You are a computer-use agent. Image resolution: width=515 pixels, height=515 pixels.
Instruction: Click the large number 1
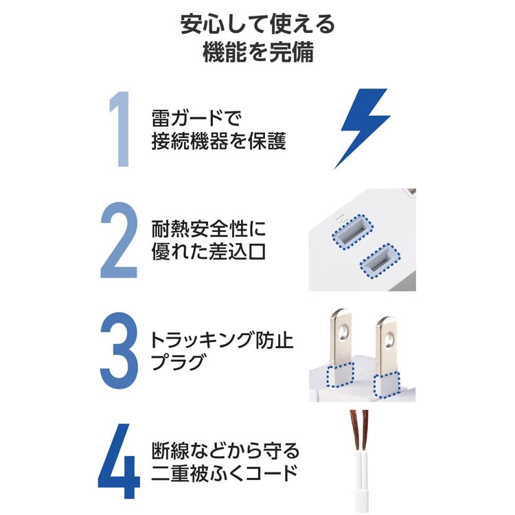click(121, 129)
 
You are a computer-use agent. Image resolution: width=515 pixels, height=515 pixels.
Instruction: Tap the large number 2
click(119, 240)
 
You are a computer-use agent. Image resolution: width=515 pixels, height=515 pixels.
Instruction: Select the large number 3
click(119, 351)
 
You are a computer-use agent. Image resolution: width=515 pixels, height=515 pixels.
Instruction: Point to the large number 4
click(119, 461)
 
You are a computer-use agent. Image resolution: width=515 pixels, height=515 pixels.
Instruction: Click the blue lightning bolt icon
click(363, 128)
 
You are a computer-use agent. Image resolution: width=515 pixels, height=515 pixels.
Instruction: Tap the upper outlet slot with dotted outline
click(352, 231)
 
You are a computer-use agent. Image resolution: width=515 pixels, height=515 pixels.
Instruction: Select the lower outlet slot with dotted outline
click(380, 260)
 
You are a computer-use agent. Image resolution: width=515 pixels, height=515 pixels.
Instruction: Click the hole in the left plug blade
click(344, 332)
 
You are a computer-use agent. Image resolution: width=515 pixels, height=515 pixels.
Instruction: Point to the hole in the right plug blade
click(389, 339)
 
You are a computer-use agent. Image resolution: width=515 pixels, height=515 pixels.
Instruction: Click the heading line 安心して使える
click(257, 24)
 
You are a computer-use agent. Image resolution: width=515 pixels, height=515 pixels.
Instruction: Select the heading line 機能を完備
click(257, 52)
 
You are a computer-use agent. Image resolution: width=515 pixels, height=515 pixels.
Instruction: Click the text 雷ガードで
click(196, 118)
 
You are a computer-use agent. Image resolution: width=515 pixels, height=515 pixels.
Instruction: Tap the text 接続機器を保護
click(218, 141)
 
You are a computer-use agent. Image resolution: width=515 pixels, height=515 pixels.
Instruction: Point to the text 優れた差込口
click(208, 251)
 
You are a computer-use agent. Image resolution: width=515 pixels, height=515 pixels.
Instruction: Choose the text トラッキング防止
click(222, 340)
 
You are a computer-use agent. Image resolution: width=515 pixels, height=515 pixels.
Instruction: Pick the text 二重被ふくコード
click(225, 473)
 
